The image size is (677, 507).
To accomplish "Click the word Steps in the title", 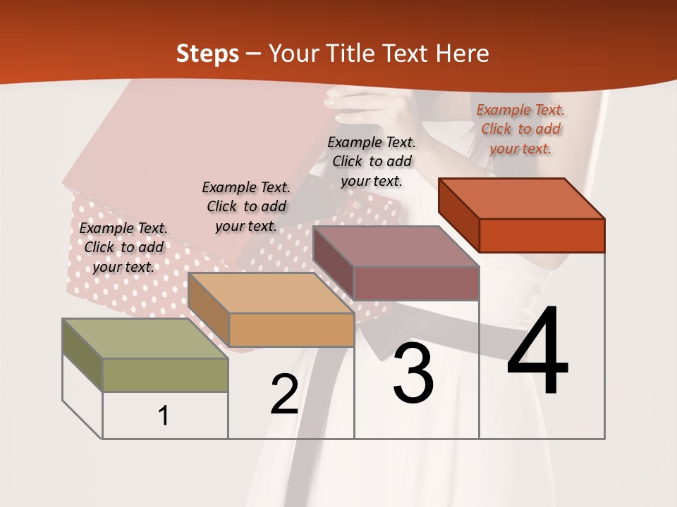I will point(207,54).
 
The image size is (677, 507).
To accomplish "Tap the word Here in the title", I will point(463,54).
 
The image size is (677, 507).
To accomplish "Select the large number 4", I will point(537,352).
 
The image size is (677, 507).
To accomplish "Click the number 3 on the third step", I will point(413,373).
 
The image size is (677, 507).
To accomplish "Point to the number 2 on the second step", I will point(284,394).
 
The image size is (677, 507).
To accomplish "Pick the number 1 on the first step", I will point(164,415).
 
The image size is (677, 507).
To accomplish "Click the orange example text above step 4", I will point(520,129).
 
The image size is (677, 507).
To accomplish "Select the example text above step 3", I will point(372,161).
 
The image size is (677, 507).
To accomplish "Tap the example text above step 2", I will point(246,206).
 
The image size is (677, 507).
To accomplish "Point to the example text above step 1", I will point(123,247).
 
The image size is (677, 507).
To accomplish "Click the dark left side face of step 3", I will point(333,258).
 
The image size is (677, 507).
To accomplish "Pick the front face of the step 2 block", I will point(291,330).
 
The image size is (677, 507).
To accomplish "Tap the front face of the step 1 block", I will point(165,375).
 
